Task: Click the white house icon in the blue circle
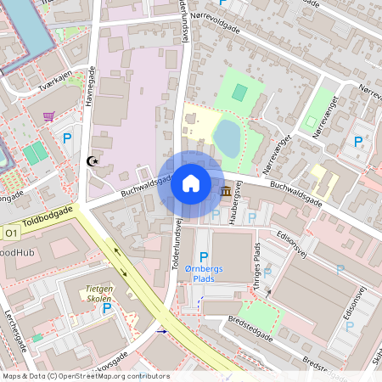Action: tap(190, 183)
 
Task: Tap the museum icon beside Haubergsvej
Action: tap(227, 194)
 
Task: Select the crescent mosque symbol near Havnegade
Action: tap(93, 160)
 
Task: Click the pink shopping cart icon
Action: tap(48, 115)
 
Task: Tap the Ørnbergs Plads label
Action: tap(202, 272)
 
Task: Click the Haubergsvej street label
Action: tap(239, 204)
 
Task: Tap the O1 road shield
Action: tap(10, 233)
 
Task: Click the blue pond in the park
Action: tap(226, 136)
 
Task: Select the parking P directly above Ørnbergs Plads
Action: tap(203, 256)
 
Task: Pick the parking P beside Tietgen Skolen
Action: tap(107, 308)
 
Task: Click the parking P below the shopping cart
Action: tap(67, 137)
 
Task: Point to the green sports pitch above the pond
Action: tap(240, 92)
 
